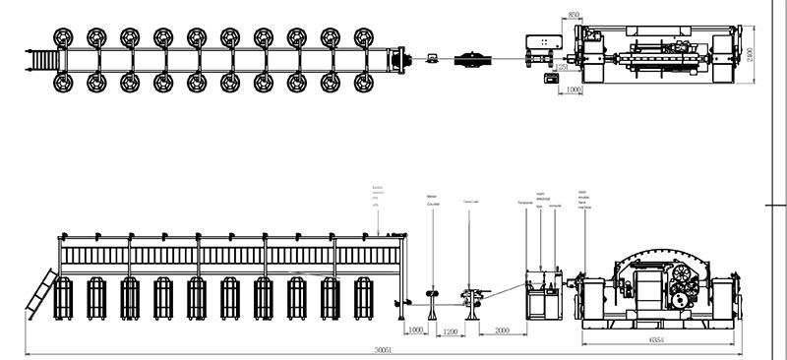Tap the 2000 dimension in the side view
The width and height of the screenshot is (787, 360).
click(502, 330)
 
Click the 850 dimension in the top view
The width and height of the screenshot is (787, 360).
click(574, 16)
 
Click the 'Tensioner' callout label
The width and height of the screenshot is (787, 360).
click(524, 203)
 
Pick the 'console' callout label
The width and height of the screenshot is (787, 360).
click(554, 206)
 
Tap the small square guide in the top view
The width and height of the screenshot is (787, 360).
click(432, 59)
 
